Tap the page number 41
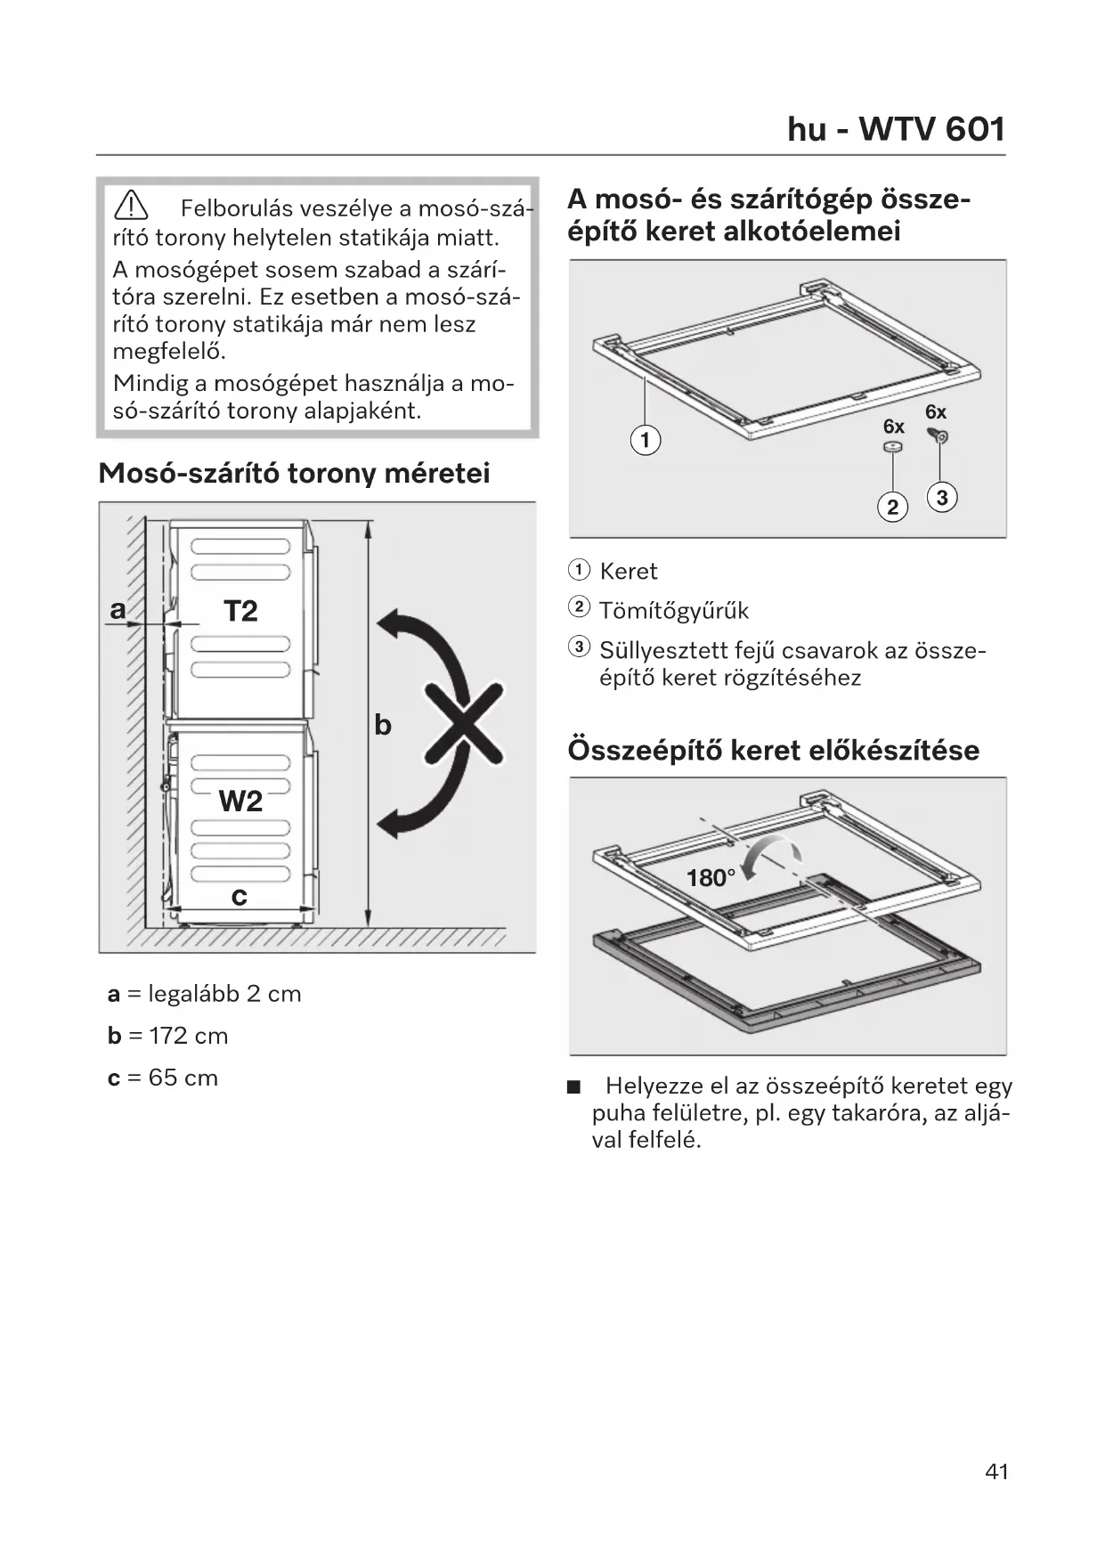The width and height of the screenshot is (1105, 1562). pos(996,1471)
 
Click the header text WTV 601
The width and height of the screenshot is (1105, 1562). pos(931,130)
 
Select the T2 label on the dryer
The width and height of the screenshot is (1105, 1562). pos(240,611)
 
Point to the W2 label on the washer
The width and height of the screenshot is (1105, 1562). pos(240,801)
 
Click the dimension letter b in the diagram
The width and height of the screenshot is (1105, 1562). pos(383,725)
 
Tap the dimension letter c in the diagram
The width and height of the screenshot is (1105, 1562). pos(239,897)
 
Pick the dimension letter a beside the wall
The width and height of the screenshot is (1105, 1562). pos(118,610)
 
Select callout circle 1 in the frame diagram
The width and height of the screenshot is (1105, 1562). pos(646,440)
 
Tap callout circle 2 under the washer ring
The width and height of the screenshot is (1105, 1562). pos(892,508)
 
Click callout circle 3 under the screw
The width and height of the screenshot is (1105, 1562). pos(942,498)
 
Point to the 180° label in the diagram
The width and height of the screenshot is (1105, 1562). pos(711,878)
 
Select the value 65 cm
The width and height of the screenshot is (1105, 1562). pos(183,1078)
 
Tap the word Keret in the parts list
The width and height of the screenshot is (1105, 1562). pos(629,571)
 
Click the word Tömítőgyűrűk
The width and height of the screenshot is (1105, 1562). pos(674,611)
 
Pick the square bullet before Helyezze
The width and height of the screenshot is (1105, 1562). pos(573,1087)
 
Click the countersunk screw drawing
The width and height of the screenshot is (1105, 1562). pos(939,435)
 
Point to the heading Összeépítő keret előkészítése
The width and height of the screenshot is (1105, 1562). pos(773,750)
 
